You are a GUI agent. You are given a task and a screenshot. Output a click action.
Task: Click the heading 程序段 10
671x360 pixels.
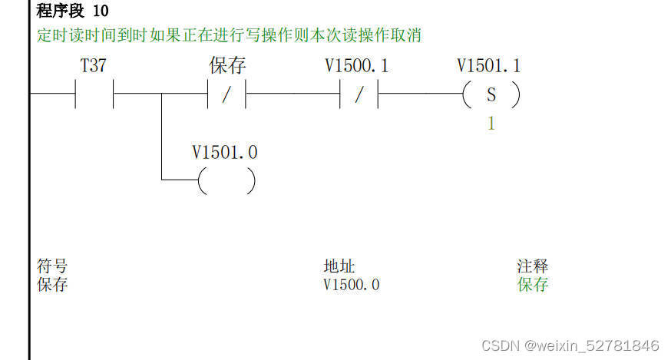pyautogui.click(x=72, y=12)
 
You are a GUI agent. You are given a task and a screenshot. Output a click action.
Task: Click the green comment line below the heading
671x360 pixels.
pyautogui.click(x=229, y=35)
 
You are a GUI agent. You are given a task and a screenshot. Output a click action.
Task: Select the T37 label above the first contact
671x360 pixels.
pyautogui.click(x=93, y=66)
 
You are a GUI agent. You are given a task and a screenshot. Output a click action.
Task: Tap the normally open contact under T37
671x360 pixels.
pyautogui.click(x=94, y=95)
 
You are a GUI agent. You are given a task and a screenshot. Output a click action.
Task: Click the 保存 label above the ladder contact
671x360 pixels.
pyautogui.click(x=227, y=66)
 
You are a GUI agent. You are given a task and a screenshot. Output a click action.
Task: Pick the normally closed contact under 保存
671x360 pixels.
pyautogui.click(x=226, y=96)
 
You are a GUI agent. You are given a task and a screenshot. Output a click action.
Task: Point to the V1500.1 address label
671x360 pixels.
pyautogui.click(x=356, y=66)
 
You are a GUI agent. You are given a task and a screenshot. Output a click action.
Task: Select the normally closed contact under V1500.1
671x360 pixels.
pyautogui.click(x=359, y=96)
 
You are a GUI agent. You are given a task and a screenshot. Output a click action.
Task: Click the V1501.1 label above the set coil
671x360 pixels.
pyautogui.click(x=488, y=66)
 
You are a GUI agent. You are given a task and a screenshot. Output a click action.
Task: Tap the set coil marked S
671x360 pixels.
pyautogui.click(x=491, y=96)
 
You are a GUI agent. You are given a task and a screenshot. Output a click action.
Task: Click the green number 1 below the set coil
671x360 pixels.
pyautogui.click(x=491, y=124)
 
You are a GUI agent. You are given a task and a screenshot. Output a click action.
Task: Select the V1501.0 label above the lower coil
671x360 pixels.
pyautogui.click(x=225, y=153)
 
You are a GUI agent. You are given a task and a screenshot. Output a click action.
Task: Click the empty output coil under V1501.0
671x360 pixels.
pyautogui.click(x=226, y=181)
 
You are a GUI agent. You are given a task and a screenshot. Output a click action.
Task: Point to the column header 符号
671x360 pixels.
pyautogui.click(x=52, y=266)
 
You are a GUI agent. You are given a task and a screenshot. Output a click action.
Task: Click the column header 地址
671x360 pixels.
pyautogui.click(x=339, y=266)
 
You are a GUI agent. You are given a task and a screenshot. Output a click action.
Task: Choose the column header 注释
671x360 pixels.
pyautogui.click(x=533, y=266)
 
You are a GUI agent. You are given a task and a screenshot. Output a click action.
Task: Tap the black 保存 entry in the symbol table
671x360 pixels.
pyautogui.click(x=52, y=285)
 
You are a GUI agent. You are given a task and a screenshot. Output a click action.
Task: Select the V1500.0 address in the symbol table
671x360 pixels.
pyautogui.click(x=352, y=285)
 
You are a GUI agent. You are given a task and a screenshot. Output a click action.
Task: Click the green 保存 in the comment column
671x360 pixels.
pyautogui.click(x=533, y=285)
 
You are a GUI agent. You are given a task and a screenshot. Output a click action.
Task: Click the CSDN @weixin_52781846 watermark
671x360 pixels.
pyautogui.click(x=570, y=345)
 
